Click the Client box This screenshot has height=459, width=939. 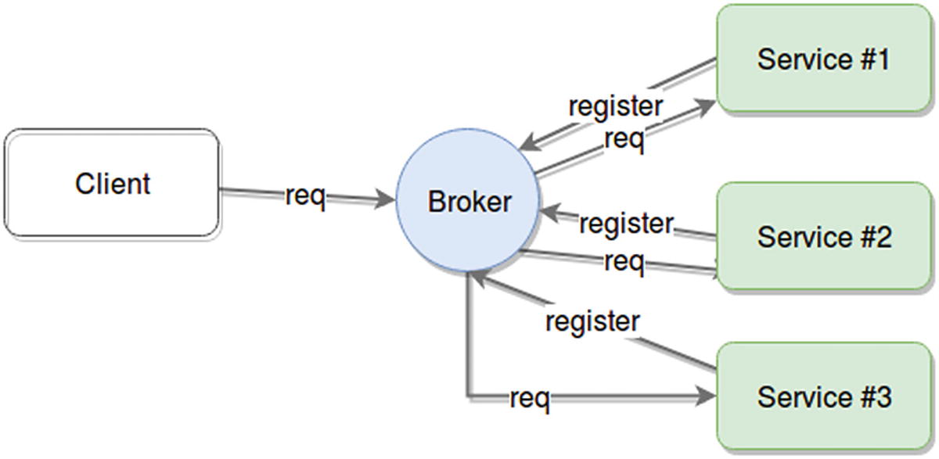[x=112, y=183]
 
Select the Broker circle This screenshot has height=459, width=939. [x=468, y=201]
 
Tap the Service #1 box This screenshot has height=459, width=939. [x=823, y=59]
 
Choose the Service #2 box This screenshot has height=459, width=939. [x=824, y=236]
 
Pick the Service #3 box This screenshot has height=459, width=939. [x=824, y=397]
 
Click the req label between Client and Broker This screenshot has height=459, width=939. [x=304, y=195]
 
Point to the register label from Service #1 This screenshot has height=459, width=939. [x=616, y=106]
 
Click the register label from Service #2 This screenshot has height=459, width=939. [x=626, y=224]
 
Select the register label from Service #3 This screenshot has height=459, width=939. [x=592, y=321]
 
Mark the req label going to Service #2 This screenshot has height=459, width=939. [x=624, y=261]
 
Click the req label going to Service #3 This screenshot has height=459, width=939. [x=530, y=398]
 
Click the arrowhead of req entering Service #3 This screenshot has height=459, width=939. [x=707, y=397]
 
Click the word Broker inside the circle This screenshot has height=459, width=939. [x=469, y=202]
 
